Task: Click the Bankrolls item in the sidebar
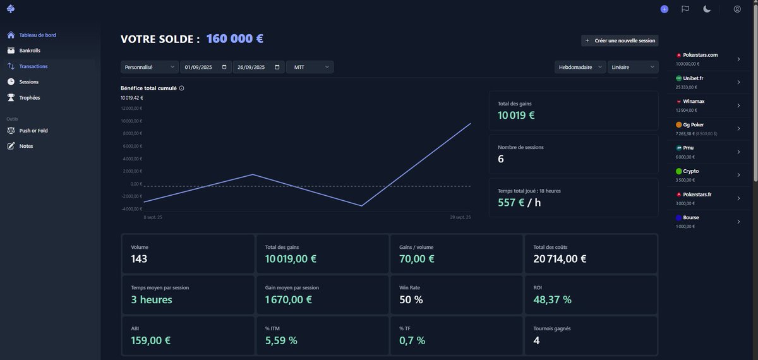29,51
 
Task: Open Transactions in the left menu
33,66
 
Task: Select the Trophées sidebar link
29,98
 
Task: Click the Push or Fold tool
33,131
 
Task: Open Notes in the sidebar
26,146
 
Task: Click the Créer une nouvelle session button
620,40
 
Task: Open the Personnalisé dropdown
150,67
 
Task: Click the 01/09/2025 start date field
206,67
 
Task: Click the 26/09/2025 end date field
258,67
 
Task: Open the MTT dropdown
310,67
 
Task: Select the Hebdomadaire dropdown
579,67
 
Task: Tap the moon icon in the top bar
707,9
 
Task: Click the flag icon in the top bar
685,9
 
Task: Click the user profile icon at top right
737,9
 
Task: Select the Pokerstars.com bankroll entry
707,59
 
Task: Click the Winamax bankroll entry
707,105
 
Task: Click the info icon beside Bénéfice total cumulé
182,88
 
